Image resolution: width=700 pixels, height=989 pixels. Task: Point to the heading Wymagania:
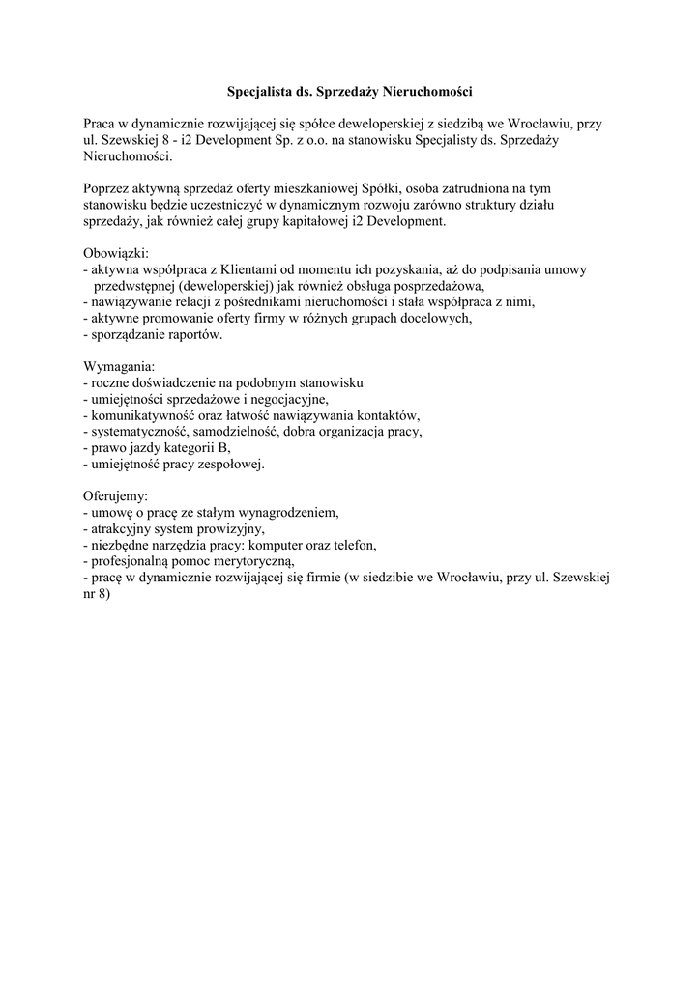click(x=119, y=367)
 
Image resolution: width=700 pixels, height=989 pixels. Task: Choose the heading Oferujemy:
click(x=116, y=495)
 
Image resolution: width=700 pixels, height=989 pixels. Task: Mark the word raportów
click(x=196, y=335)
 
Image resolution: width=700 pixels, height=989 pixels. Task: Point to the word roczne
click(x=111, y=383)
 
